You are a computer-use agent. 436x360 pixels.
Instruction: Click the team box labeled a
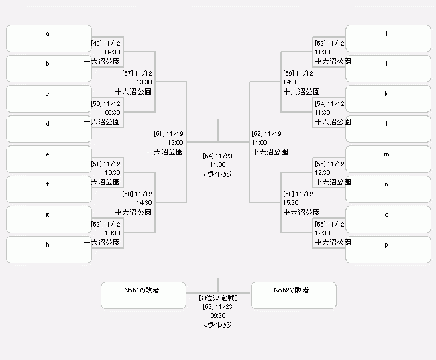pyautogui.click(x=48, y=38)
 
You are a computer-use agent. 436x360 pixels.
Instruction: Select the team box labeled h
pyautogui.click(x=48, y=249)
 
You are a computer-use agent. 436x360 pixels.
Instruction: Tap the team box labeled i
pyautogui.click(x=388, y=38)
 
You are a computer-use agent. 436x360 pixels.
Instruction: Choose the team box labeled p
pyautogui.click(x=388, y=249)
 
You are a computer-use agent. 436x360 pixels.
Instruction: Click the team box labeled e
pyautogui.click(x=48, y=159)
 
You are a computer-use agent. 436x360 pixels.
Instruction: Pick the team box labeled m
pyautogui.click(x=388, y=159)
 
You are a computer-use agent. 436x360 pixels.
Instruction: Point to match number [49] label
pyautogui.click(x=96, y=43)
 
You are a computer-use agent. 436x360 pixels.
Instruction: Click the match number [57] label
pyautogui.click(x=127, y=73)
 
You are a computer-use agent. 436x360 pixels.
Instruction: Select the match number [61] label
pyautogui.click(x=159, y=133)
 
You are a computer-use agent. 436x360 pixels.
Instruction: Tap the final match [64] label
pyautogui.click(x=209, y=156)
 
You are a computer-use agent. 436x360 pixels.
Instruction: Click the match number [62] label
pyautogui.click(x=258, y=133)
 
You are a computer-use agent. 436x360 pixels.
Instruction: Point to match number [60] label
pyautogui.click(x=289, y=194)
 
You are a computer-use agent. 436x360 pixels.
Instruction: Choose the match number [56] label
pyautogui.click(x=321, y=224)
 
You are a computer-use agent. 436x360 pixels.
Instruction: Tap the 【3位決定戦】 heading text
pyautogui.click(x=217, y=297)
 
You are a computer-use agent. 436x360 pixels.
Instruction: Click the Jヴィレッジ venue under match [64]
pyautogui.click(x=217, y=174)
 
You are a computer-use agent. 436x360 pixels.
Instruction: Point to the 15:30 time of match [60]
pyautogui.click(x=290, y=202)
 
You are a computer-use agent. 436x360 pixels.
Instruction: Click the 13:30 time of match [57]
pyautogui.click(x=144, y=82)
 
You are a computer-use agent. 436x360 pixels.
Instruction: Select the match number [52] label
pyautogui.click(x=96, y=224)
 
